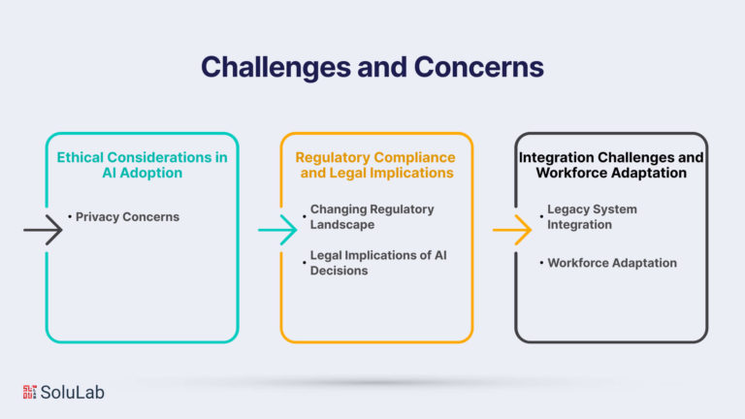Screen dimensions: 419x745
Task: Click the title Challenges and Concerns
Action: point(372,66)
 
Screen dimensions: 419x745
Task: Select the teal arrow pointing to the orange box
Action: point(277,230)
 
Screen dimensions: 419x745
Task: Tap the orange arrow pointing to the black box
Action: point(512,230)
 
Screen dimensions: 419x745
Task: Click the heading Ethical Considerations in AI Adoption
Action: point(142,165)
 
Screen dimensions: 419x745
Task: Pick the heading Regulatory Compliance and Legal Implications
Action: point(375,165)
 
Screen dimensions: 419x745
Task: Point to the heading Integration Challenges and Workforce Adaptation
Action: point(611,165)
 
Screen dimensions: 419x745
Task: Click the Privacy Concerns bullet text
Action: point(127,217)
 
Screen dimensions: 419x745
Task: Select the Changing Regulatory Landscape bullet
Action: point(372,216)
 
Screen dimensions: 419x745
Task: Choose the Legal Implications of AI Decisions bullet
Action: point(377,263)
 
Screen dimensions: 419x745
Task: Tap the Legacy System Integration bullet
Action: point(592,216)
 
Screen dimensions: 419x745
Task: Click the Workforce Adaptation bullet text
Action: point(611,263)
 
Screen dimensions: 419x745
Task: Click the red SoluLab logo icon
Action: point(30,392)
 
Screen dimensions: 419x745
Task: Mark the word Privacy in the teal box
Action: point(97,217)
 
